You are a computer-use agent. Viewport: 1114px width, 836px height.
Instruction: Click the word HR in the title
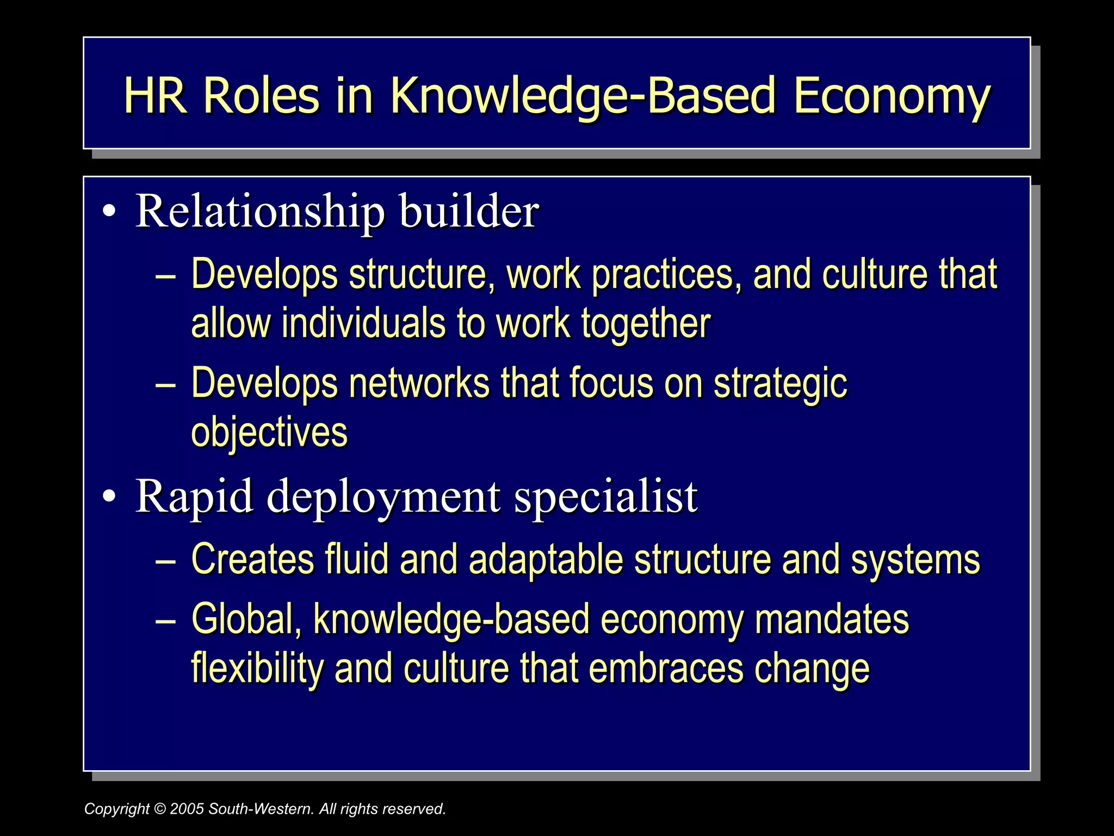point(154,96)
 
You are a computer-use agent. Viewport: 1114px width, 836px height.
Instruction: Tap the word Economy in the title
point(892,97)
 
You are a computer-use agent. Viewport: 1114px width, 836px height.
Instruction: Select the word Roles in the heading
point(261,96)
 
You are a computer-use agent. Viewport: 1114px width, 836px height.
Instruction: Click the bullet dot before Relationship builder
point(109,212)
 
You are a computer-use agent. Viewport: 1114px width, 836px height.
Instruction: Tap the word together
point(646,324)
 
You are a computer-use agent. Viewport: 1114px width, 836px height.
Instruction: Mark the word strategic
point(780,384)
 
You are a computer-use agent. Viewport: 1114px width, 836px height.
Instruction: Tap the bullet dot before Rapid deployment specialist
point(109,496)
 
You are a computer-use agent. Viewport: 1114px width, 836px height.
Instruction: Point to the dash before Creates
point(165,560)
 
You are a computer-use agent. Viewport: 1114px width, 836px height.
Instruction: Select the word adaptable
point(546,560)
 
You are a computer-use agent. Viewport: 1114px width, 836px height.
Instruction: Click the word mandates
point(832,619)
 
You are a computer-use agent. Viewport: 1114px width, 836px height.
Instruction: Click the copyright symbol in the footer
point(160,809)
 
